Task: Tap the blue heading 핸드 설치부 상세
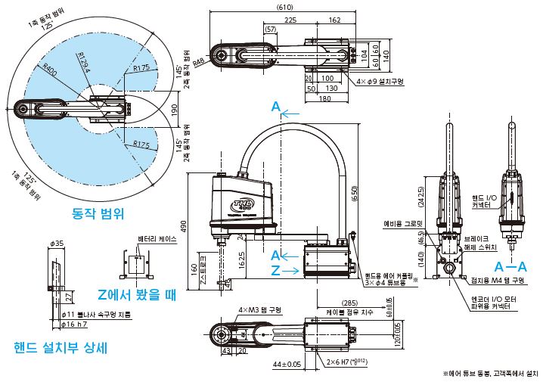pos(61,348)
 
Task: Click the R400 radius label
pos(50,70)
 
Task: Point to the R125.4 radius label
pos(88,62)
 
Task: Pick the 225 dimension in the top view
pos(290,20)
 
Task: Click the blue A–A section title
pos(510,267)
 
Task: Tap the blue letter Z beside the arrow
pos(276,270)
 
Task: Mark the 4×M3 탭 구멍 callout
pos(259,309)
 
